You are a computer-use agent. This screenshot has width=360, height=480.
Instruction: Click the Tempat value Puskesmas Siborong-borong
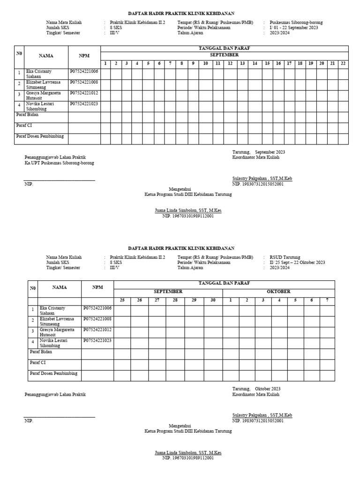[296, 22]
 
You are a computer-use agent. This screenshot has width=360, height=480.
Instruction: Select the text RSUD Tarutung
[285, 257]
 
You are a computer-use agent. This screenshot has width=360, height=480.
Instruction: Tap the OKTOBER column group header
[278, 292]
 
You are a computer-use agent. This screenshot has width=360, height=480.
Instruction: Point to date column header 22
[343, 63]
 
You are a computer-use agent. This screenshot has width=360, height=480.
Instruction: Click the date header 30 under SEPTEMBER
[213, 300]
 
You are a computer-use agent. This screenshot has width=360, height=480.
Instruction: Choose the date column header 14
[255, 63]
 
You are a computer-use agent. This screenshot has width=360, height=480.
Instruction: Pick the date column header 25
[122, 300]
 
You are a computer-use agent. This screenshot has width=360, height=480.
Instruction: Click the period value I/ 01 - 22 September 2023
[293, 28]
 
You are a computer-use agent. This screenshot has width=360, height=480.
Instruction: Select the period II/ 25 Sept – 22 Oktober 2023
[297, 262]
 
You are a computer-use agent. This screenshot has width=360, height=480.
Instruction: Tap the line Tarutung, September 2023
[258, 152]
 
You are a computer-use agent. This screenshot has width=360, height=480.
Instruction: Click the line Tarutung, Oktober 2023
[256, 389]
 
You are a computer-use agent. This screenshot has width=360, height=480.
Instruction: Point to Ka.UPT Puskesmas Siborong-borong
[59, 163]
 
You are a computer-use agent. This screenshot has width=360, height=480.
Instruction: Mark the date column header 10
[205, 63]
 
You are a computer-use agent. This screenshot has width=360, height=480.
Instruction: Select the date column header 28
[175, 300]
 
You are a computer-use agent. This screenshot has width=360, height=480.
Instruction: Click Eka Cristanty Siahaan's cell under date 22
[343, 74]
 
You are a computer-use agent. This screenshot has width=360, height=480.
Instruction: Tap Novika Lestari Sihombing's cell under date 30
[213, 343]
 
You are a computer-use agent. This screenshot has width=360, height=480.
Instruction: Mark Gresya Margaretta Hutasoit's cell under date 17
[289, 96]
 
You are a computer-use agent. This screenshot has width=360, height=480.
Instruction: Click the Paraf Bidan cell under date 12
[230, 117]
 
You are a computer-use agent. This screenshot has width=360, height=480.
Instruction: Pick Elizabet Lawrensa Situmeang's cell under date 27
[157, 321]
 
